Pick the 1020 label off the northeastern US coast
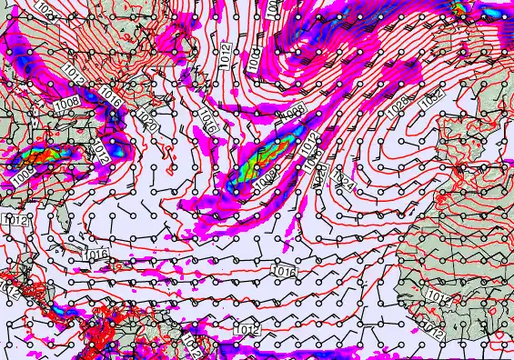[148, 118]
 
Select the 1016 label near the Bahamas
[97, 254]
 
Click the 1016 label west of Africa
[284, 271]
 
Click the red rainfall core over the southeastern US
[44, 156]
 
